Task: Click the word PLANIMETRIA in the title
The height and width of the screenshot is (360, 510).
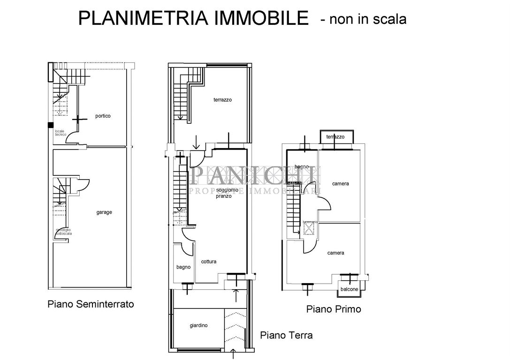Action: point(137,19)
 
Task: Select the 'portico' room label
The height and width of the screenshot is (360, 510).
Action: point(103,116)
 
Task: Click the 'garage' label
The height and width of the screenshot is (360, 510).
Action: point(104,212)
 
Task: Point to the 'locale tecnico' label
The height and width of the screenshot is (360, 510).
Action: point(61,133)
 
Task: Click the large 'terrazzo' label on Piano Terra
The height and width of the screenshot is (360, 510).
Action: point(222,100)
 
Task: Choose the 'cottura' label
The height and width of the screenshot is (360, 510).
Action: point(208,262)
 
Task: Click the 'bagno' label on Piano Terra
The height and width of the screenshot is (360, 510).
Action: point(183,267)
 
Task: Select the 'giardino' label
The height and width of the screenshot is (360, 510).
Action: point(199,325)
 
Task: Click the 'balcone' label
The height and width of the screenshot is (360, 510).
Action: point(349,289)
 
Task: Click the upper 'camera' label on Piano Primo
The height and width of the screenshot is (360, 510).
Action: point(340,184)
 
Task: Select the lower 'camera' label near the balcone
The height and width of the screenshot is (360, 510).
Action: point(335,253)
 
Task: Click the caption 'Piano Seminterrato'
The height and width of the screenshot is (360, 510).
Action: point(91,304)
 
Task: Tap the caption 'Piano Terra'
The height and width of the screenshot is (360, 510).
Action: point(286,335)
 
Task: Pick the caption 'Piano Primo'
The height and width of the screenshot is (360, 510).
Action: point(334,309)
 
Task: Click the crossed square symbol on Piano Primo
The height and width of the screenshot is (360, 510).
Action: point(309,228)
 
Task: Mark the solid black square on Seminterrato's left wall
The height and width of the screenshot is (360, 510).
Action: point(50,125)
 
